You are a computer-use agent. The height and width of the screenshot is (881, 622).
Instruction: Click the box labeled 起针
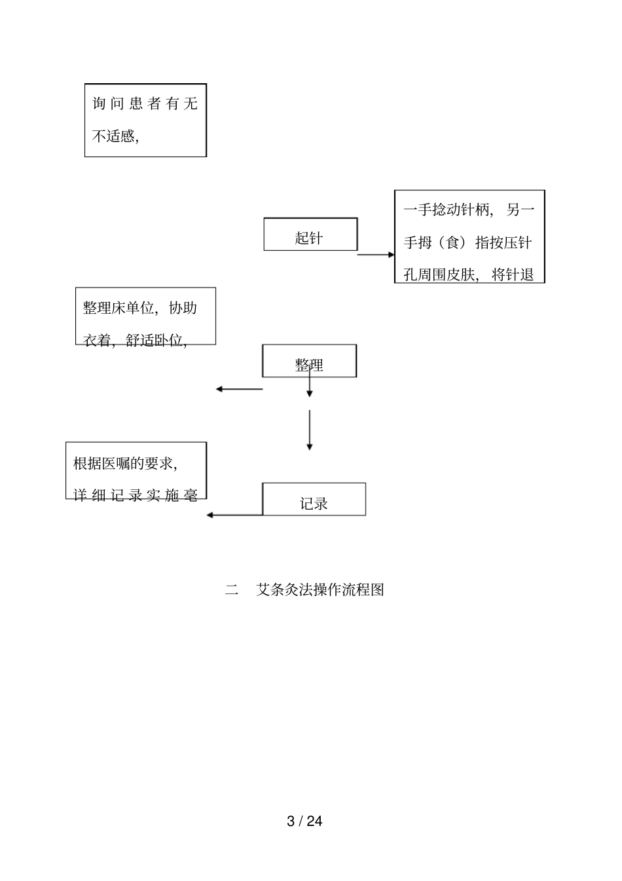[310, 234]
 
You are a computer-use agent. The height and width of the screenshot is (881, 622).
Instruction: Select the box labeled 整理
[309, 361]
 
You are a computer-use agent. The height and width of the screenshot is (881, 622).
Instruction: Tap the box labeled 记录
[314, 500]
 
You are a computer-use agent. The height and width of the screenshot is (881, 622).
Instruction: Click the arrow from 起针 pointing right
[376, 255]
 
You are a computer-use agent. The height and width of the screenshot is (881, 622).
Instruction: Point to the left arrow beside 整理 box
[239, 389]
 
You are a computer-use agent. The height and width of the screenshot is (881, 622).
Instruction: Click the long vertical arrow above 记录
[310, 430]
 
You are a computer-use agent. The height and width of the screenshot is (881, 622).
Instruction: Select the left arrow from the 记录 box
[234, 515]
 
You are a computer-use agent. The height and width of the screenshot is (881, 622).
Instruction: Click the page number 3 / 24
[304, 821]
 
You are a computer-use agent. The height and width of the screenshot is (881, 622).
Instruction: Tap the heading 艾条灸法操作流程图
[320, 590]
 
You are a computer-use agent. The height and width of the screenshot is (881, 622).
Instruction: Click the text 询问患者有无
[145, 103]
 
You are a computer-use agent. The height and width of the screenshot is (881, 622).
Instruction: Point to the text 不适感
[115, 136]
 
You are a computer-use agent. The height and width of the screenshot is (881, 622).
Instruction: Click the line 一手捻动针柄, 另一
[469, 210]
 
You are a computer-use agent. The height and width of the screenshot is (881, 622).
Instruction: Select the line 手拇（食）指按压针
[467, 242]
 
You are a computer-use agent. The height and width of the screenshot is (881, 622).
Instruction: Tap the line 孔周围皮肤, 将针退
[469, 274]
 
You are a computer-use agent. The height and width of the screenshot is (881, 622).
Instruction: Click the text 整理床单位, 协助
[140, 308]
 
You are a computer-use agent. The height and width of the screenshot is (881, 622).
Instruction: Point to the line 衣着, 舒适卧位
[135, 340]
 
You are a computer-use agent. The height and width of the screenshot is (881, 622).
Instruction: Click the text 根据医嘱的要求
[125, 463]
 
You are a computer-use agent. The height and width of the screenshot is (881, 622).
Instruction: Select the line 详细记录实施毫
[136, 495]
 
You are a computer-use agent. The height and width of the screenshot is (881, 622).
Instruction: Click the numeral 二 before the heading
[232, 590]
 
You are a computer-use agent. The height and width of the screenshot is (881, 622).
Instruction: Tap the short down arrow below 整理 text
[310, 386]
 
